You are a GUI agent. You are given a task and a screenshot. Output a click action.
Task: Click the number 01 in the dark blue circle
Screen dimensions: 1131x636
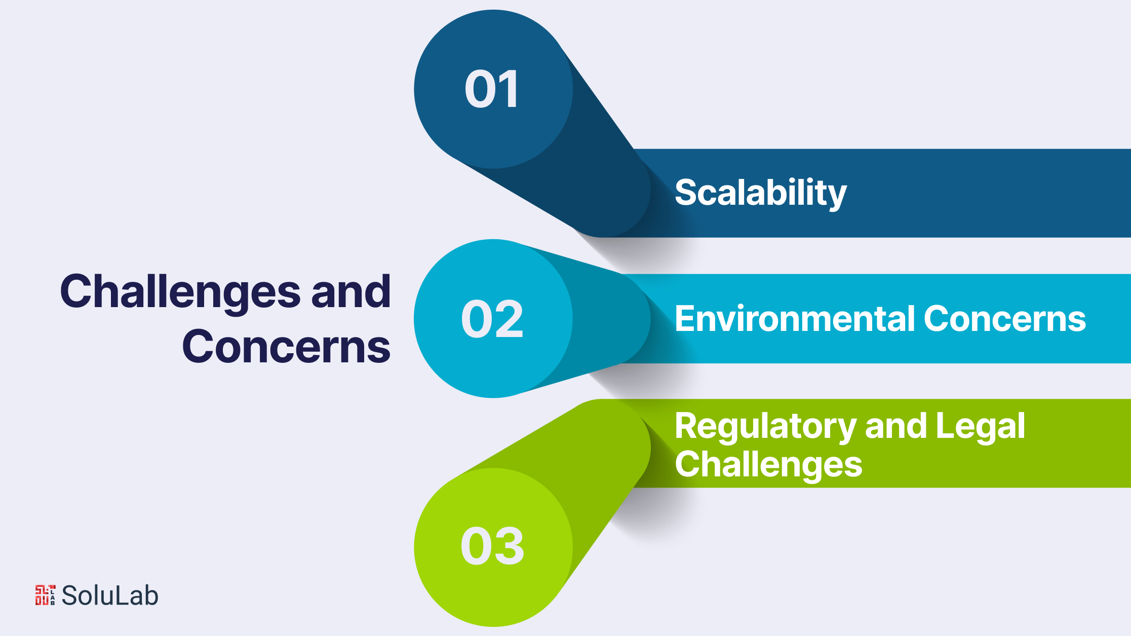[492, 89]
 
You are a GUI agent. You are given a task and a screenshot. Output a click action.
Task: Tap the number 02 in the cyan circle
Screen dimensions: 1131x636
[492, 319]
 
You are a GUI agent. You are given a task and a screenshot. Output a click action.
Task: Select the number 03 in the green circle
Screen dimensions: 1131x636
[492, 546]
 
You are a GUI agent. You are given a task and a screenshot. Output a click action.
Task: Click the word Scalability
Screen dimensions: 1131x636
[761, 193]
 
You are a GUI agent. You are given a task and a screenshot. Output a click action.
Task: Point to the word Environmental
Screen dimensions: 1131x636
[795, 319]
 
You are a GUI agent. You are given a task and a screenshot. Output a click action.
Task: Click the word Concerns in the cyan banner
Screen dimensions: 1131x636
[1005, 319]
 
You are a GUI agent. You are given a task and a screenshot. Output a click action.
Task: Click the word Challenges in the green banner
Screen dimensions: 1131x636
[768, 465]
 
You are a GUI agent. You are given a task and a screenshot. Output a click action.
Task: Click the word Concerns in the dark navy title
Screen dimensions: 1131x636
[286, 347]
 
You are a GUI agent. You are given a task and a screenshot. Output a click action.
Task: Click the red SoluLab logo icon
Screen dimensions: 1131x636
[45, 595]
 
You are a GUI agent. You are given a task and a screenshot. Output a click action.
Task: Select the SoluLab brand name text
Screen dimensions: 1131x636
[110, 595]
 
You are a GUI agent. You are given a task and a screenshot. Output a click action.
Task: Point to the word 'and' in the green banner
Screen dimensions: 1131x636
[895, 426]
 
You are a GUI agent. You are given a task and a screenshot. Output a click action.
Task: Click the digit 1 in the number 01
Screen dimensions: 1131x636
[508, 89]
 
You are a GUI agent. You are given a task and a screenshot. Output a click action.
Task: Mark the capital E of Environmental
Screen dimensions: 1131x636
[686, 319]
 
